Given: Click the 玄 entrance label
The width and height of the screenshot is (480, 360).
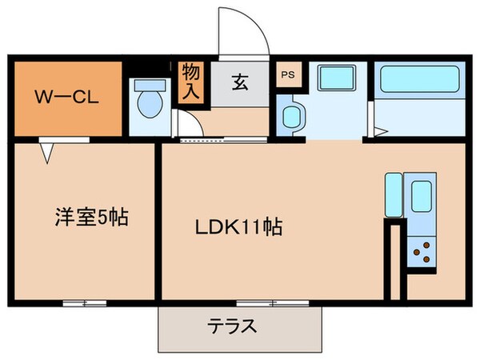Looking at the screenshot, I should (239, 82).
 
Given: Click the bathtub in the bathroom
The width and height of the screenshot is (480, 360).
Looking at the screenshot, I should (419, 81).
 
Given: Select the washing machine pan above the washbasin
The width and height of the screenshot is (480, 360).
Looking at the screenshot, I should (330, 79).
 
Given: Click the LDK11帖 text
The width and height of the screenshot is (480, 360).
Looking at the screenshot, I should (238, 226).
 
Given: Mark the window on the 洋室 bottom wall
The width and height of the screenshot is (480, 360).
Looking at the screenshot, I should (85, 303).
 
